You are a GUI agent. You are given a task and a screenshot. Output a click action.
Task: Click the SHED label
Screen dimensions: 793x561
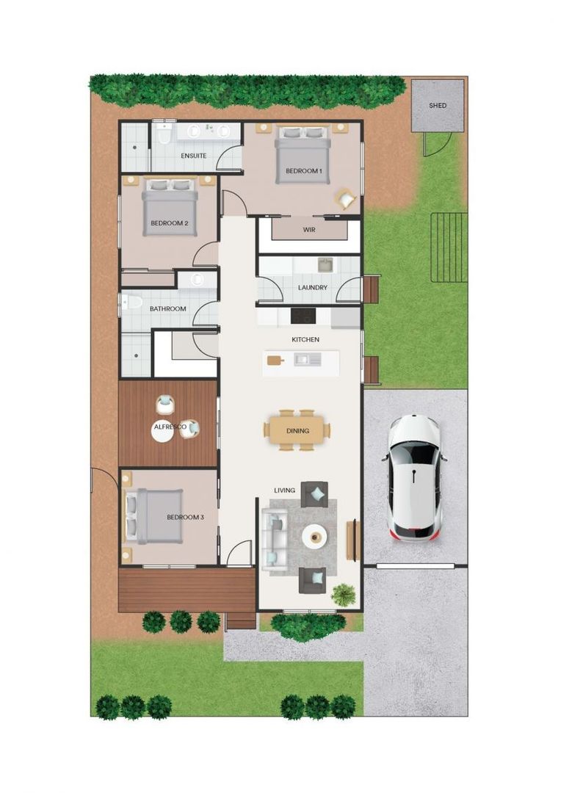click(437, 106)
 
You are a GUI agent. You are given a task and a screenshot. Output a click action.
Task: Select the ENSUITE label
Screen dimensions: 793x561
click(193, 156)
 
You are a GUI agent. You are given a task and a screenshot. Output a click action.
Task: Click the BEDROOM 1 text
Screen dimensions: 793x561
click(303, 171)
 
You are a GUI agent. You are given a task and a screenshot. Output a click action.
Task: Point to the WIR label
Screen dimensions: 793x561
click(309, 229)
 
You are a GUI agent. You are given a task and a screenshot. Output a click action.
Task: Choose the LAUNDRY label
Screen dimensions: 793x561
click(312, 287)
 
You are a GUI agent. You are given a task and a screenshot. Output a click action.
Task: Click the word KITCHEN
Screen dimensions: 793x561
click(305, 340)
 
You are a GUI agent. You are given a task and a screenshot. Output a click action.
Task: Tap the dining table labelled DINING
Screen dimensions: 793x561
click(297, 431)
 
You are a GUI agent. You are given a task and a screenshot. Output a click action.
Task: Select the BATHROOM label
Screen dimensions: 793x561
click(167, 309)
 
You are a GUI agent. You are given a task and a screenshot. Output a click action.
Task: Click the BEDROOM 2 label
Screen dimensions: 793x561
click(170, 223)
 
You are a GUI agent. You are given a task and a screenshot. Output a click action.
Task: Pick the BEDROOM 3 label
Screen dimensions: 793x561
click(185, 517)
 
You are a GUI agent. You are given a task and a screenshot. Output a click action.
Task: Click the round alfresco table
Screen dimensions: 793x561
click(162, 432)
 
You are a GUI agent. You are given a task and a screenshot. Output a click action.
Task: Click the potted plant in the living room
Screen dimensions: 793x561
click(342, 594)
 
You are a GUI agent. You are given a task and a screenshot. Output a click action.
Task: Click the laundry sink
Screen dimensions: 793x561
click(324, 264)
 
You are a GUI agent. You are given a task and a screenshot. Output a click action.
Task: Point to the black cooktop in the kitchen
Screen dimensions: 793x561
click(303, 316)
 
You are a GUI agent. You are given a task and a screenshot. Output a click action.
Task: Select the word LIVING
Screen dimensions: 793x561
click(284, 490)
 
